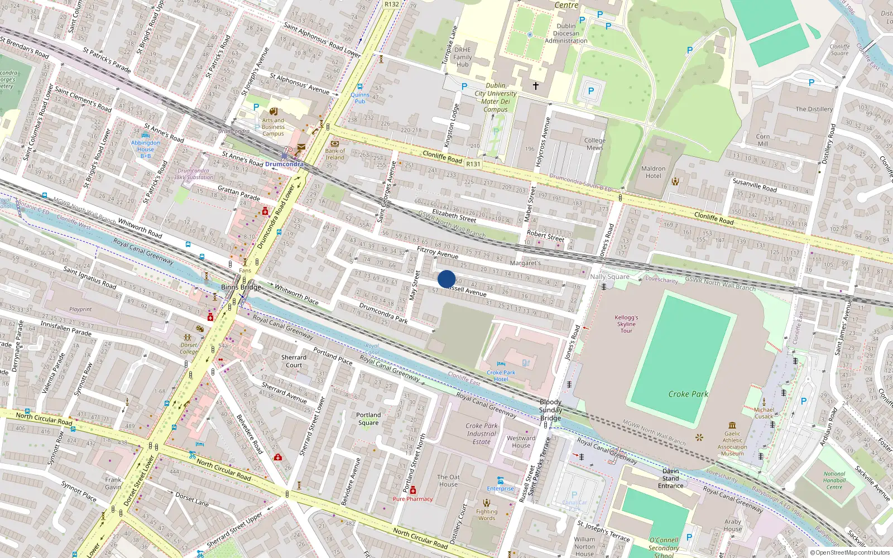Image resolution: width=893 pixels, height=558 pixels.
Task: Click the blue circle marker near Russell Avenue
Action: pos(446,279)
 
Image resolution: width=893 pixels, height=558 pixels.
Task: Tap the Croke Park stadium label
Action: pos(688,394)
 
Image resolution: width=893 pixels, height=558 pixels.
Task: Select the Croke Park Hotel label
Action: pos(501,376)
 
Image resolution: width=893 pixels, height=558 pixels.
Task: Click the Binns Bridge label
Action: pos(241,287)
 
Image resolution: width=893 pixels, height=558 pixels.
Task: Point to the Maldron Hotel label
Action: pos(653,172)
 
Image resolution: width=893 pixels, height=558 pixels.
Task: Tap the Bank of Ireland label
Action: pos(335,154)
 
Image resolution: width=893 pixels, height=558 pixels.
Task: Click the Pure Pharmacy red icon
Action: pos(413,490)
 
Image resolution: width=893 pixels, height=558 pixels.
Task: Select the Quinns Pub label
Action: pos(360,98)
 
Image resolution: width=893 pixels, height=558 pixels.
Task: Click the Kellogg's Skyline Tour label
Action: pos(626,324)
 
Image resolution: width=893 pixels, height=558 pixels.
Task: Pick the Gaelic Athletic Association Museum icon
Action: pos(732,425)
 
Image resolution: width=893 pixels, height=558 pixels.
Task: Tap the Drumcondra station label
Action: pos(284,164)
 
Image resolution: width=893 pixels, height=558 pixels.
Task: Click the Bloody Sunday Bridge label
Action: pos(550,410)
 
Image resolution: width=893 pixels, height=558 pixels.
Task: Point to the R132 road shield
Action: pos(392,4)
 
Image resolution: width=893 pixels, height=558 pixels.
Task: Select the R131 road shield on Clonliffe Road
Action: pos(473,163)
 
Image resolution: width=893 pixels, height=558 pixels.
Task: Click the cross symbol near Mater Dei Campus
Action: pos(536,85)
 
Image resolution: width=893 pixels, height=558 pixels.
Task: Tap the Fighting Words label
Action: pos(487,514)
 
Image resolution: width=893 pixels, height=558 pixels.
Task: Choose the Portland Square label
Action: pos(368,419)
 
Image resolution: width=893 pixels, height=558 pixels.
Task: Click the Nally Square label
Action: pos(609,276)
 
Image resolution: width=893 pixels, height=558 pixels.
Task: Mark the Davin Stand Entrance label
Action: pos(670,478)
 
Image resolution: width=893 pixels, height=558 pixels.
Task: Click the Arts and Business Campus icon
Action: pos(273,112)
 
